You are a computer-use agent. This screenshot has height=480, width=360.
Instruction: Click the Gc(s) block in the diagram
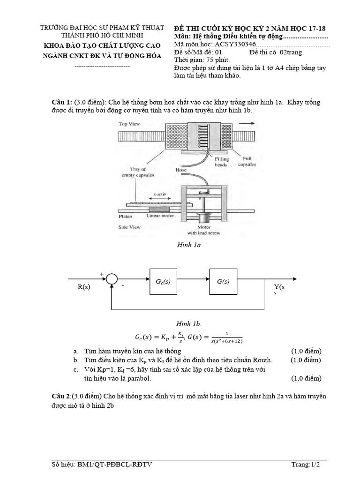coord(163,281)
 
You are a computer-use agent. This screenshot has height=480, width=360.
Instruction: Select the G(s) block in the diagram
coord(223,281)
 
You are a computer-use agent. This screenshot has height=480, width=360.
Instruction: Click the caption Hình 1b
coord(188,324)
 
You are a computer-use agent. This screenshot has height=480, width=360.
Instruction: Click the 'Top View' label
coord(129,124)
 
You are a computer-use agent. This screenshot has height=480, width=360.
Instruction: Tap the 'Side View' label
coord(129,227)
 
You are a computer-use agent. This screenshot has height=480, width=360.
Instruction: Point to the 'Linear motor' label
coord(160,216)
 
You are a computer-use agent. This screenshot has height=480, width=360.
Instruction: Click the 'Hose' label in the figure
coord(181,170)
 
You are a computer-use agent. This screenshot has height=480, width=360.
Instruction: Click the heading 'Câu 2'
coord(61,397)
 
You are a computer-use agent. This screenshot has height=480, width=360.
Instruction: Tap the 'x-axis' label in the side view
coord(161,194)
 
